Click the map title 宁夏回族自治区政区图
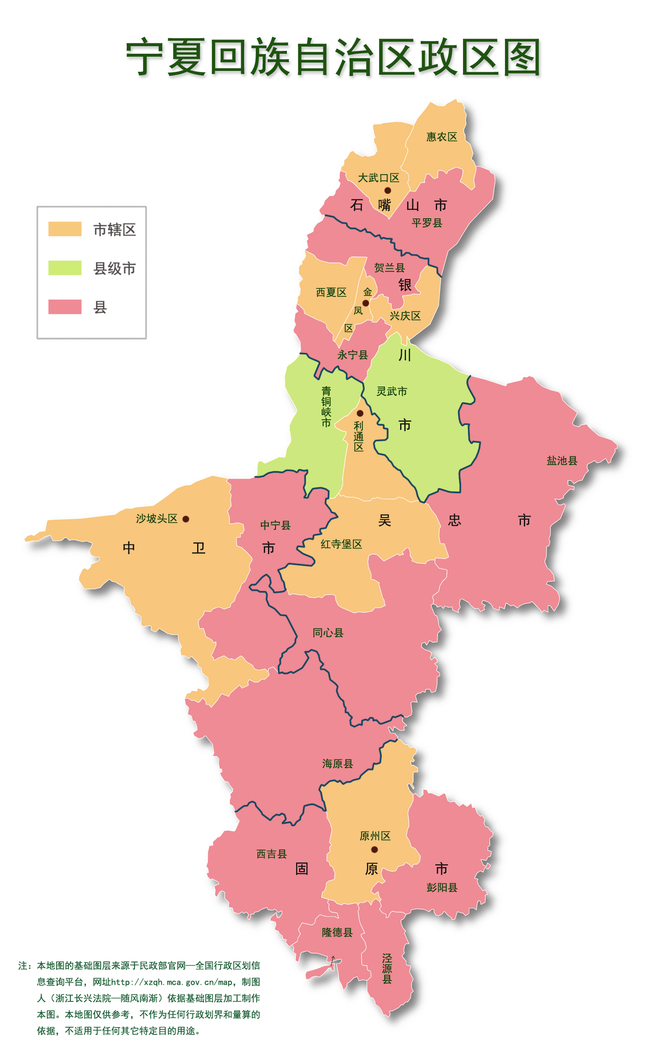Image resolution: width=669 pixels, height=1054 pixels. [333, 57]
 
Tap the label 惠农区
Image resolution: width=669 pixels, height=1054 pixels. [442, 137]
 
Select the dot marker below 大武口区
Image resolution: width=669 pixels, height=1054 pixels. [388, 191]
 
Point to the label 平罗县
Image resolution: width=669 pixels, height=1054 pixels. [427, 223]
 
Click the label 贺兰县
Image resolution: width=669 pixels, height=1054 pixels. [389, 267]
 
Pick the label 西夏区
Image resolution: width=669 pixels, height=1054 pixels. [331, 293]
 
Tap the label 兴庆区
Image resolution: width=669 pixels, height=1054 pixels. [405, 316]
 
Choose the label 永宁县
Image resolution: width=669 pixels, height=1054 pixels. [352, 355]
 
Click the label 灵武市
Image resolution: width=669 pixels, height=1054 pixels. [392, 391]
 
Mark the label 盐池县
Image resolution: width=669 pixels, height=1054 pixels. [562, 460]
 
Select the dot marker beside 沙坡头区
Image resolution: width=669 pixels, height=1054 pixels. [186, 519]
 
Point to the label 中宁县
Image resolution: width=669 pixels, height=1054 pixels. [275, 525]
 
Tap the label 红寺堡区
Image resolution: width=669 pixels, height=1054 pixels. [341, 544]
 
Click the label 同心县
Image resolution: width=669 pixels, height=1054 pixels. [328, 633]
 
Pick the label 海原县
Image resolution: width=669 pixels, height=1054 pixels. [338, 764]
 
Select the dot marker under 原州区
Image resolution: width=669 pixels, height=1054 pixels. [374, 850]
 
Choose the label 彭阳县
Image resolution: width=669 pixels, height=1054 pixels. [442, 888]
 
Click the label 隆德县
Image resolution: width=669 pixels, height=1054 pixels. [337, 932]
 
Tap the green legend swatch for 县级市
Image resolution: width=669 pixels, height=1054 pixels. [65, 268]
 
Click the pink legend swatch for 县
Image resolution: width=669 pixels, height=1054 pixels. [65, 307]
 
